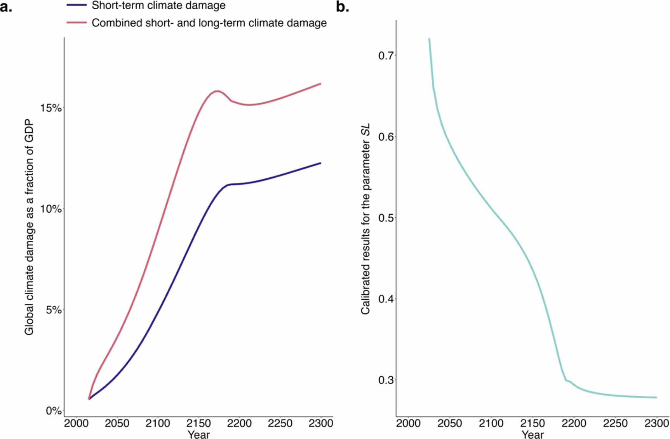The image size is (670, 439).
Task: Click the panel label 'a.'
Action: point(6,7)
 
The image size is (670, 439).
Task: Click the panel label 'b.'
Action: point(342,7)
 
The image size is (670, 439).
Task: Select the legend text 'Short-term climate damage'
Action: point(158,5)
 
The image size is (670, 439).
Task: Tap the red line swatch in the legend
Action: point(77,23)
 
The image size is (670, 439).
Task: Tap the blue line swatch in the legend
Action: point(77,5)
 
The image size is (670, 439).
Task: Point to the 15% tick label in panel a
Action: point(51,108)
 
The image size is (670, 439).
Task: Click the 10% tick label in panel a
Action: point(51,209)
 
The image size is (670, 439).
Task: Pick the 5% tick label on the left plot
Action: point(54,310)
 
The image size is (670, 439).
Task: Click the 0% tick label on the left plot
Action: point(54,411)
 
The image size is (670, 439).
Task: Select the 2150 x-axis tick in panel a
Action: point(198,423)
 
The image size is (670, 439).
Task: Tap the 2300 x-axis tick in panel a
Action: point(320,423)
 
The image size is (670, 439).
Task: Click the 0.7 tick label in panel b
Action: point(386,56)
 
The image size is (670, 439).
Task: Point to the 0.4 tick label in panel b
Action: point(386,299)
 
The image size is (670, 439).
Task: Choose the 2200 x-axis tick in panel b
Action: point(574,423)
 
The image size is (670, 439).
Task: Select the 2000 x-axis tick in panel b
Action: point(408,423)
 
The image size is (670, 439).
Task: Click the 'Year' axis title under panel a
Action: point(198,434)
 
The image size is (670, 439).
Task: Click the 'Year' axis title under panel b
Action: point(532,434)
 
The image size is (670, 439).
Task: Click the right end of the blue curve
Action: point(320,163)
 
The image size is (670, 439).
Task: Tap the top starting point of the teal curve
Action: point(429,39)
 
